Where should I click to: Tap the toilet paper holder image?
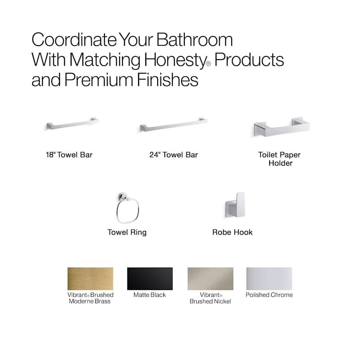(x=282, y=127)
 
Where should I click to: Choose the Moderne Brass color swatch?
(x=90, y=279)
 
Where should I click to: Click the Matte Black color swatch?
(x=150, y=279)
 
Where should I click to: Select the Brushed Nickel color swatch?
(x=210, y=279)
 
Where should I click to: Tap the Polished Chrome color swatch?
(x=269, y=279)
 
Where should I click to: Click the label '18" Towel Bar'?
(x=69, y=155)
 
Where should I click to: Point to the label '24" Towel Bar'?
(x=174, y=155)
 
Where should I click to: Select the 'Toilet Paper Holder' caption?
(x=280, y=159)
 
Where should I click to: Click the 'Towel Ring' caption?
(x=127, y=232)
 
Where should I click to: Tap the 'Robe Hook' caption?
(x=232, y=232)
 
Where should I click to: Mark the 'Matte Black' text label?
(x=150, y=295)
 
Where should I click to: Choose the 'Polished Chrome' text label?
(x=269, y=295)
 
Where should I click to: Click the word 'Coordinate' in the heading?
(x=72, y=40)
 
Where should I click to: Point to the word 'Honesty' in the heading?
(x=174, y=60)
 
